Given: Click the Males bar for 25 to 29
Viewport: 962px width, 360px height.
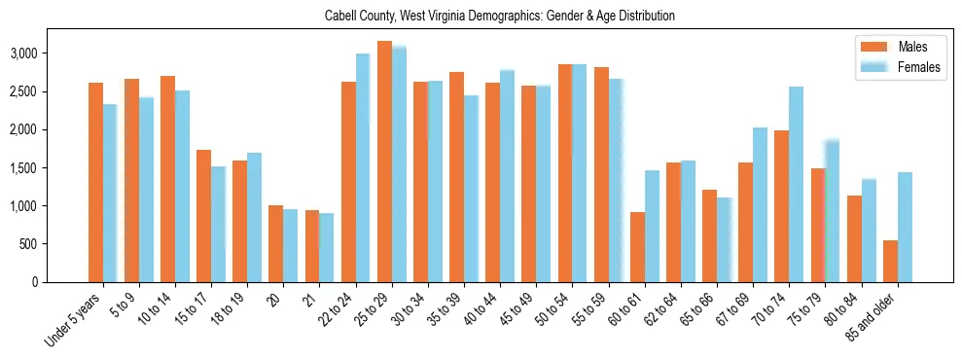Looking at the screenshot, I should (384, 162).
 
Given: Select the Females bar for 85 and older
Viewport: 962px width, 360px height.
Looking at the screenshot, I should (905, 227).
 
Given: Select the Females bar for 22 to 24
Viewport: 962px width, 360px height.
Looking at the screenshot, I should (363, 167).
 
